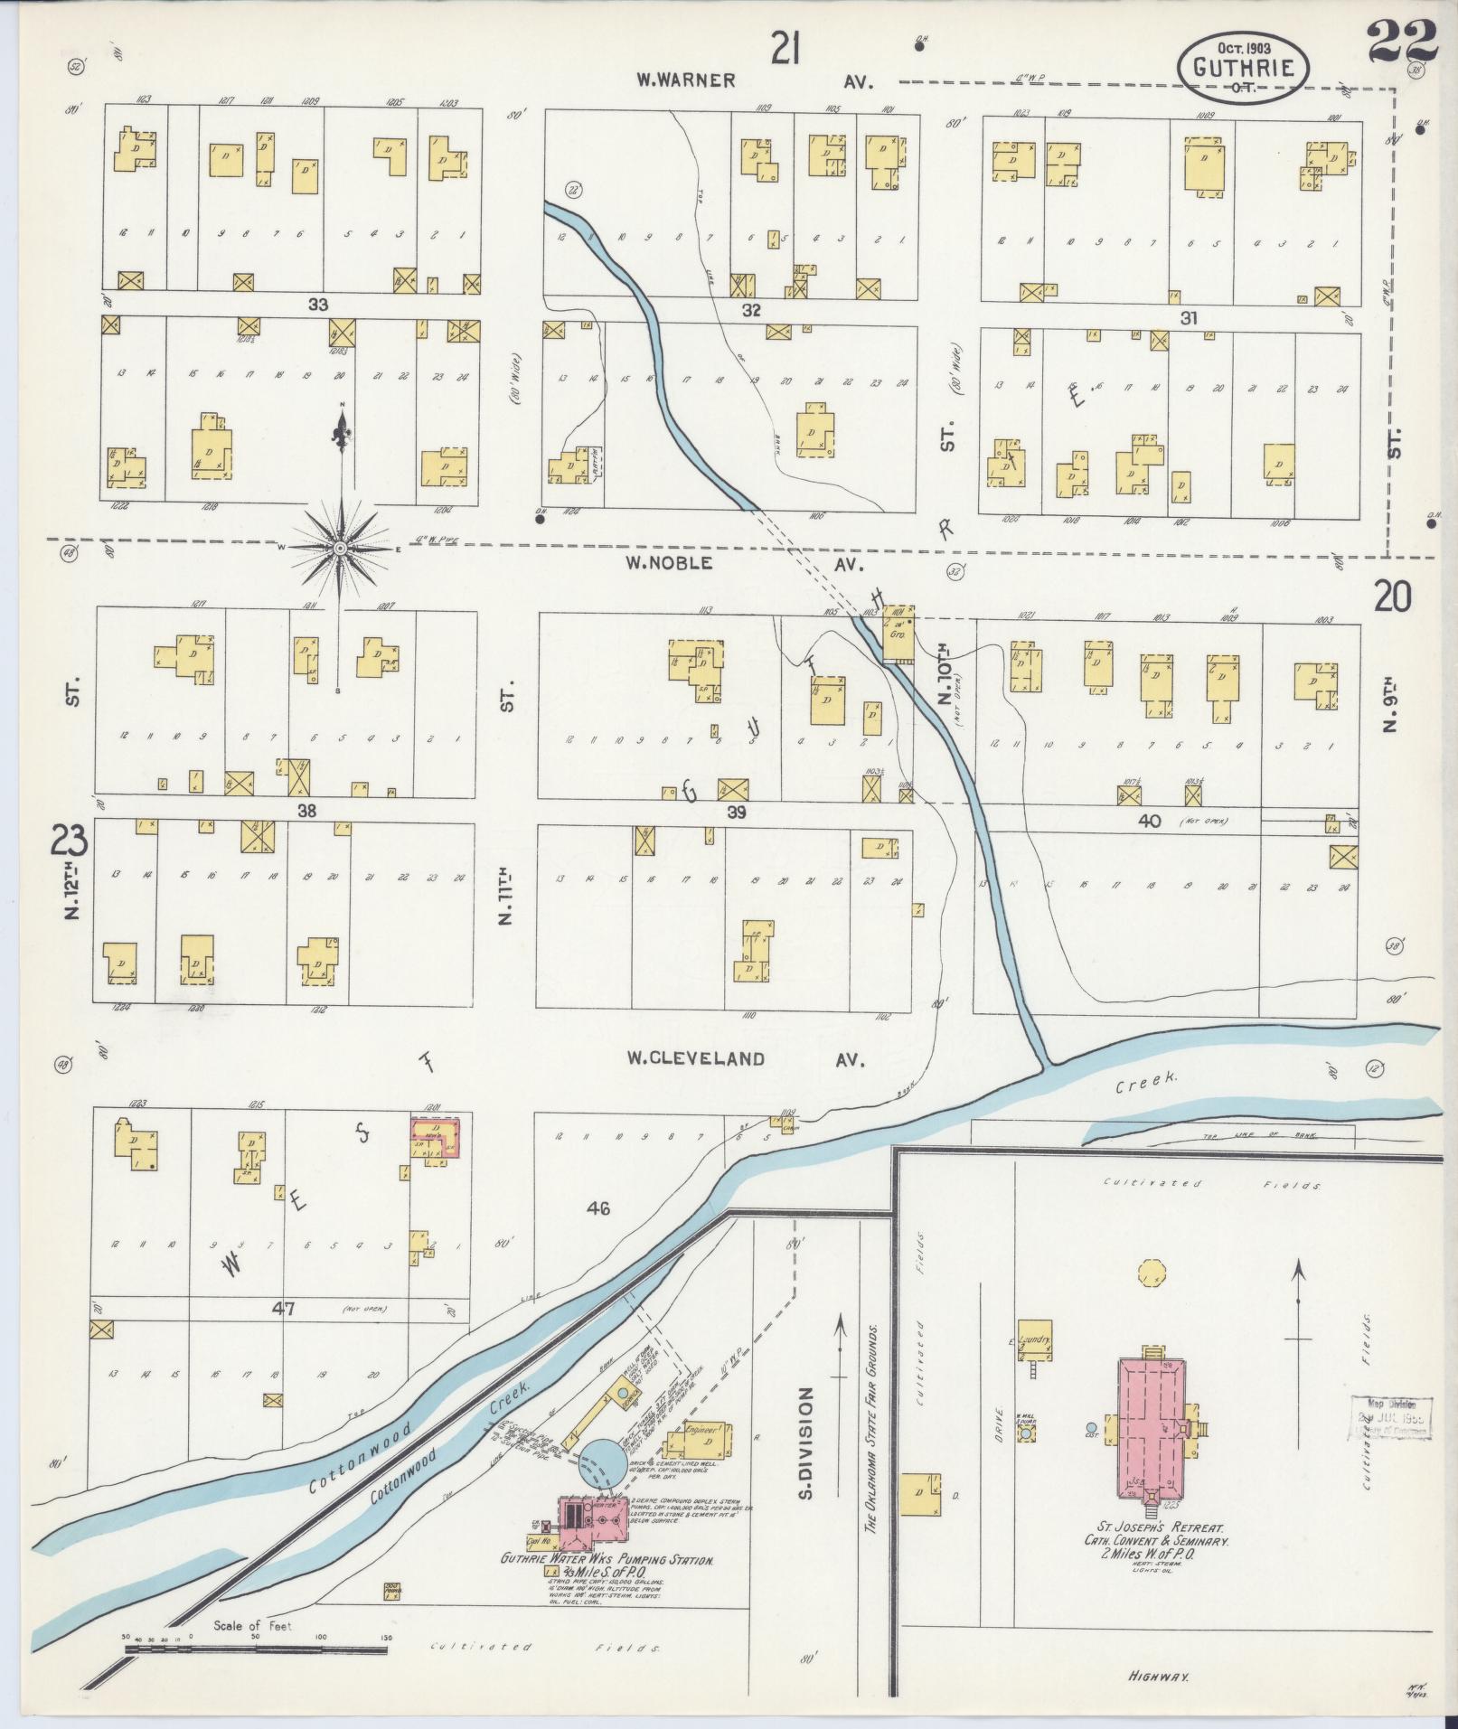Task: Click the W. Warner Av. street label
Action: pos(751,81)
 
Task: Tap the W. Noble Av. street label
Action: pos(744,564)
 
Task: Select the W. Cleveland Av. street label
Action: pos(747,1059)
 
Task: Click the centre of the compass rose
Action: pos(340,548)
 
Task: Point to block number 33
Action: pos(317,305)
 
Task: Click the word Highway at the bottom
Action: pos(1158,1677)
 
